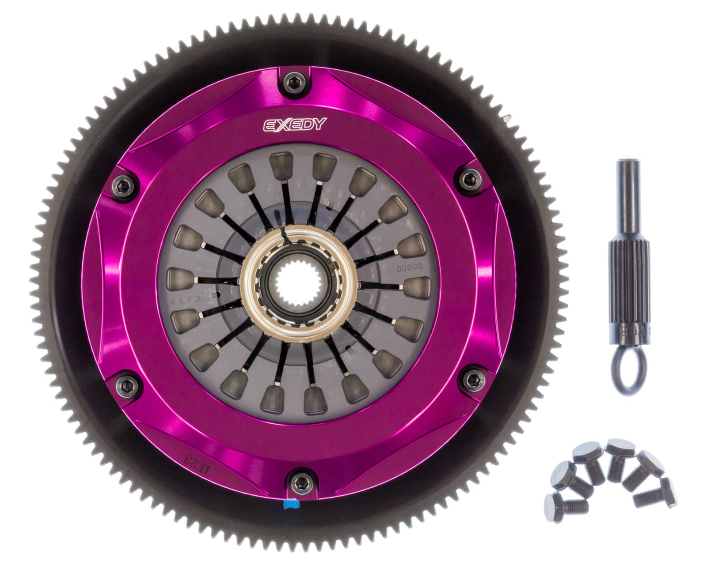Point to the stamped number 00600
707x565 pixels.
410,267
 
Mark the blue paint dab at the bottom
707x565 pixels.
291,504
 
